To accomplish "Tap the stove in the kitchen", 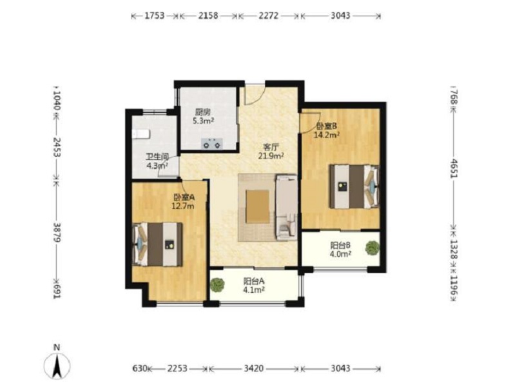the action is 212,143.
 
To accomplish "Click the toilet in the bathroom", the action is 140,134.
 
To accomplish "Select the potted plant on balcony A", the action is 217,285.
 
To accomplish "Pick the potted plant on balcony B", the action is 373,248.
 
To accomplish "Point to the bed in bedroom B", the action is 354,186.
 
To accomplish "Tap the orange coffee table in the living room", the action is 258,206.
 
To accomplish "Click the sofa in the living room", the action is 286,208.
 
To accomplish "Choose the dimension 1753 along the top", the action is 155,15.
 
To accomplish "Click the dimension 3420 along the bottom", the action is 253,369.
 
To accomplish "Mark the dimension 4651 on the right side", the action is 454,168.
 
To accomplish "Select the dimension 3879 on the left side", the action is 57,232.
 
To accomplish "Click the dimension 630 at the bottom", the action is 140,369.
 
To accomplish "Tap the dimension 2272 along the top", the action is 268,15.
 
